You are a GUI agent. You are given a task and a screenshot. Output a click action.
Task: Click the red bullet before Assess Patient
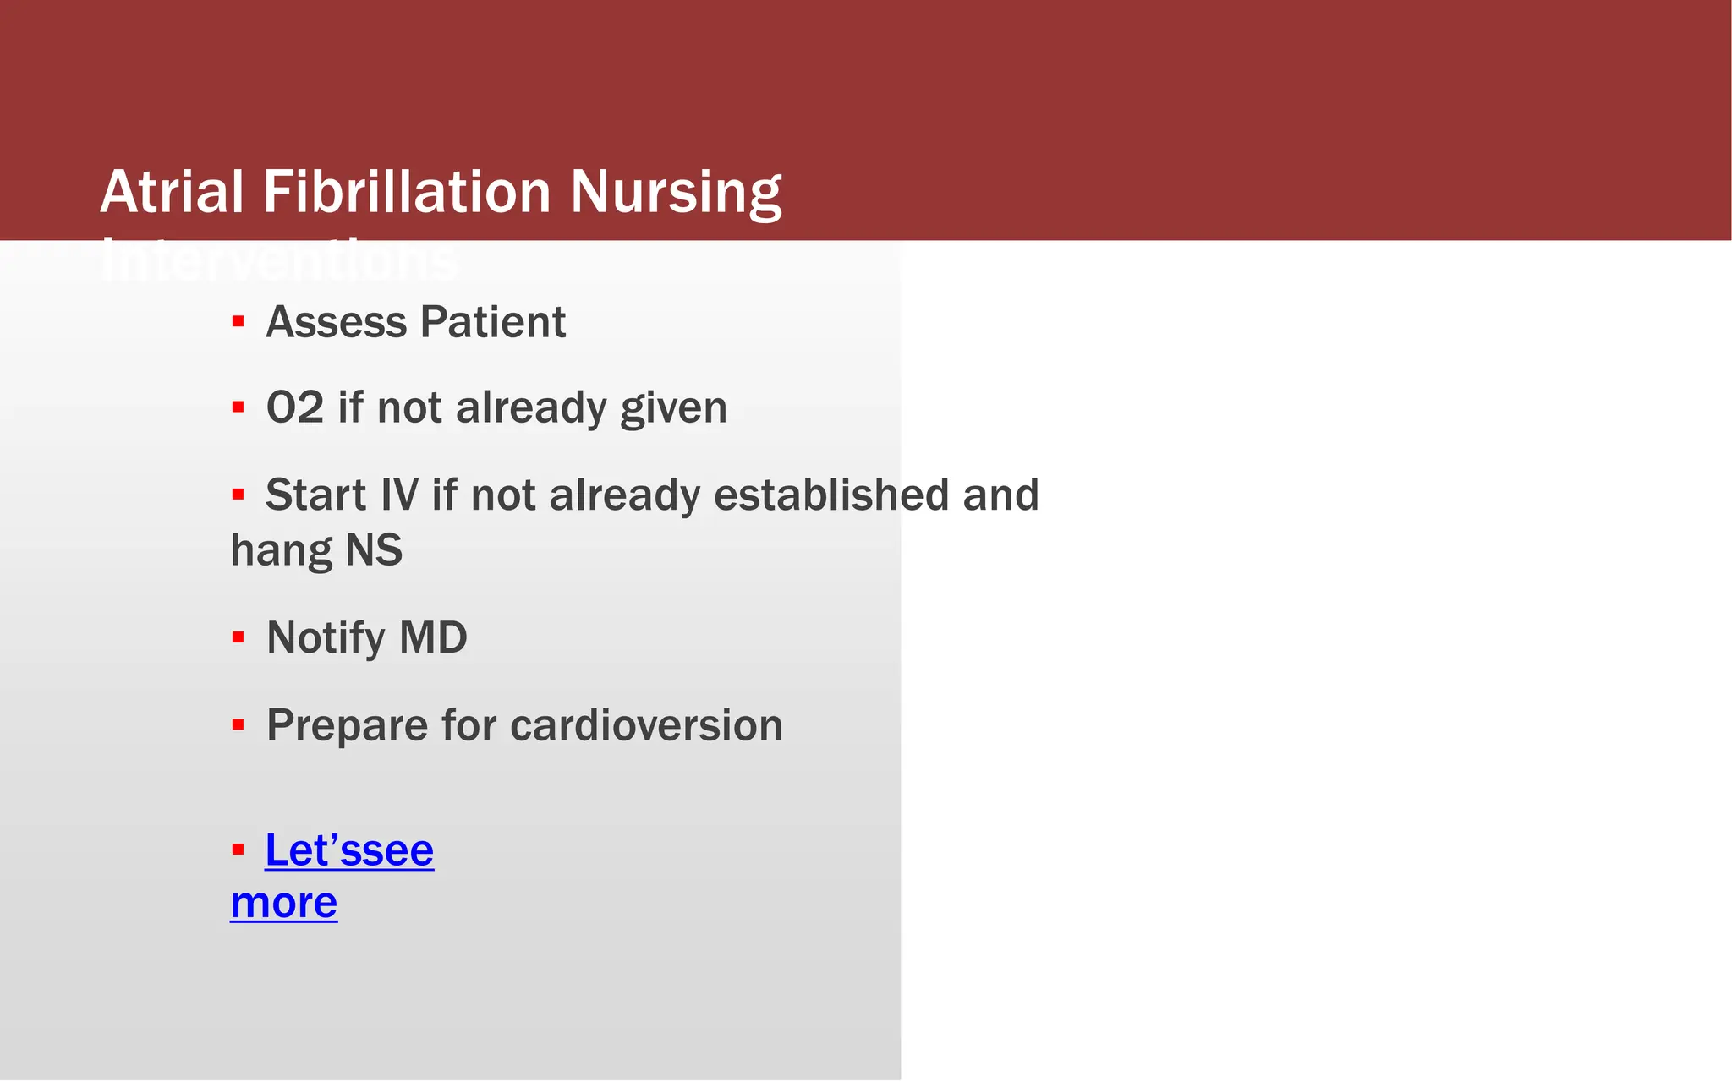238,321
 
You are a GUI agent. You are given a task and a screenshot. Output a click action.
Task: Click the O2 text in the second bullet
294,407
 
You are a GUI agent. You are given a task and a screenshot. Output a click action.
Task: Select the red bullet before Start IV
238,494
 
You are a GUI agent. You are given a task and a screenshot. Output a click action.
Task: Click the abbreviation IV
399,495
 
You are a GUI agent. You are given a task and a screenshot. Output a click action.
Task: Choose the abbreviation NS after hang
374,550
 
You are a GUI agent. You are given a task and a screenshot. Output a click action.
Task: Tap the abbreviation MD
433,637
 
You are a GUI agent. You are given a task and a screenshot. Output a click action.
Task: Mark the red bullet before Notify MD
238,637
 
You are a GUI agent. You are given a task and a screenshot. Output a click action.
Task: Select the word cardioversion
646,725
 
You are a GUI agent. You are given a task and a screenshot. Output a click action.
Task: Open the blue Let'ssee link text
349,850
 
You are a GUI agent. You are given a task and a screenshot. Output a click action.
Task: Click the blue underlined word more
284,903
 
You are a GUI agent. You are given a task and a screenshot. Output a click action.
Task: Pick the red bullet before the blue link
238,850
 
